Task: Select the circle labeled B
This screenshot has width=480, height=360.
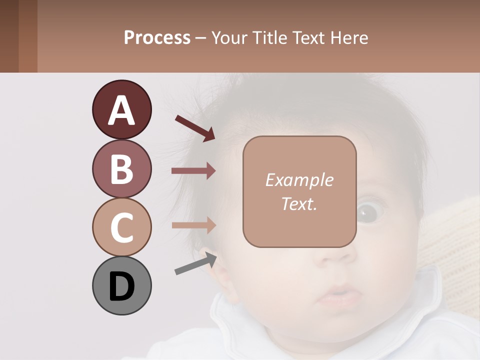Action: click(121, 169)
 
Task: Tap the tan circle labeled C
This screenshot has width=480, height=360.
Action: click(121, 227)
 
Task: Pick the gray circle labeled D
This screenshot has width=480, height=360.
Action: click(121, 286)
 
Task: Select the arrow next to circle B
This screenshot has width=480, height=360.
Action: click(193, 171)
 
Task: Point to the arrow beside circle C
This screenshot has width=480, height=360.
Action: click(193, 225)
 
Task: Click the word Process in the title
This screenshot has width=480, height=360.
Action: click(157, 37)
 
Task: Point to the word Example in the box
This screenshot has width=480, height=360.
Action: click(299, 180)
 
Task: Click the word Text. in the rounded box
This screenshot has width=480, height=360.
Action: click(299, 203)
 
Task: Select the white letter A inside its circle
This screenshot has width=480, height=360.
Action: click(121, 110)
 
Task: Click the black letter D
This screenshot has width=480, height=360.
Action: click(121, 287)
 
